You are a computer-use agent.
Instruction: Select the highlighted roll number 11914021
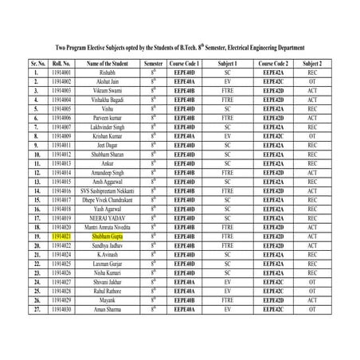(x=61, y=237)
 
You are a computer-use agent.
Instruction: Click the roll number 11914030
(x=61, y=310)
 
